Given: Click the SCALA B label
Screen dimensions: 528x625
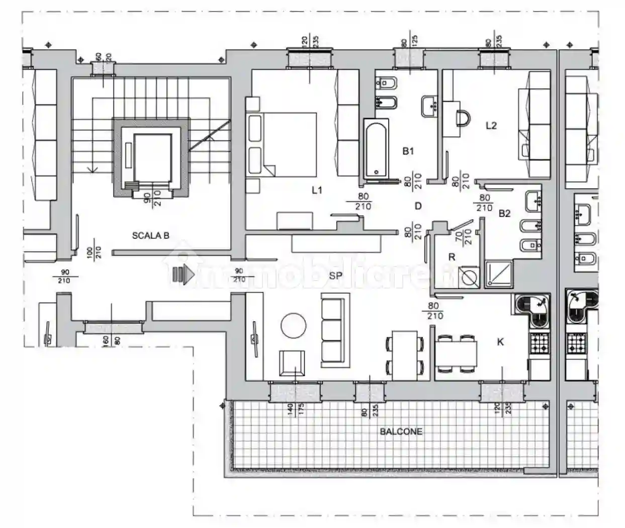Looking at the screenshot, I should coord(150,235).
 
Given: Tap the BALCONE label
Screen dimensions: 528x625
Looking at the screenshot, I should coord(401,431).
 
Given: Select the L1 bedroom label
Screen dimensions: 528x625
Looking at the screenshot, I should coord(317,190).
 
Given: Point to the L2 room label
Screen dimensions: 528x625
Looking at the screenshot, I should coord(491,125).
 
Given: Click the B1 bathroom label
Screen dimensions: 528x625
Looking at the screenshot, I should coord(408,150).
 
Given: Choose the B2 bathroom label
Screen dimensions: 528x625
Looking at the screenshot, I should coord(504,213).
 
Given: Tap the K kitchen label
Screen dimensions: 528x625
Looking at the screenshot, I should coord(500,342).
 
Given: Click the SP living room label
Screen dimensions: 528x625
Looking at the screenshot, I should coord(336,276).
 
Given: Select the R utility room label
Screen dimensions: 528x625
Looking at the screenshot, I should coord(452,257).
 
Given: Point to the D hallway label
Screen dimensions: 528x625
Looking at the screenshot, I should coord(418,206).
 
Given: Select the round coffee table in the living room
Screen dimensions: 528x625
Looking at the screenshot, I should coord(293,326).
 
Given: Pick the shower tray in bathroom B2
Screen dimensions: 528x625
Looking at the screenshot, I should coord(499,275).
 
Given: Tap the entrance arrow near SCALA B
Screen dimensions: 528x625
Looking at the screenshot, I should coord(184,275).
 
